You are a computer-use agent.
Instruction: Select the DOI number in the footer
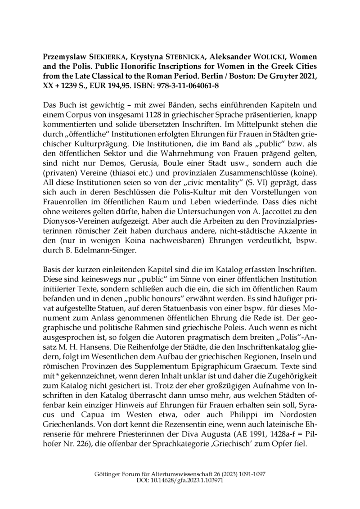pyautogui.click(x=191, y=480)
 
